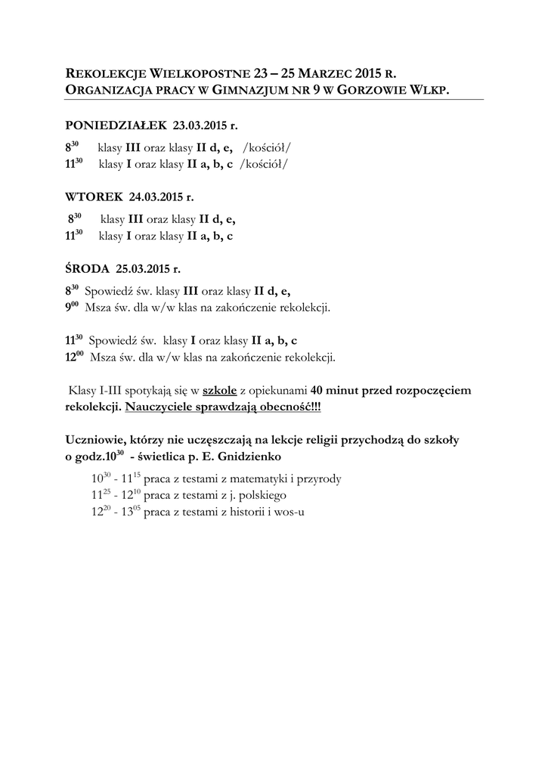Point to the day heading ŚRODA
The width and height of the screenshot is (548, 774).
pyautogui.click(x=88, y=268)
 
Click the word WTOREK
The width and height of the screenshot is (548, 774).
pyautogui.click(x=94, y=197)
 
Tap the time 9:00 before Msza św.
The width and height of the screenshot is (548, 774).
pyautogui.click(x=73, y=308)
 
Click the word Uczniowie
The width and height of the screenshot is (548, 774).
pyautogui.click(x=97, y=439)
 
